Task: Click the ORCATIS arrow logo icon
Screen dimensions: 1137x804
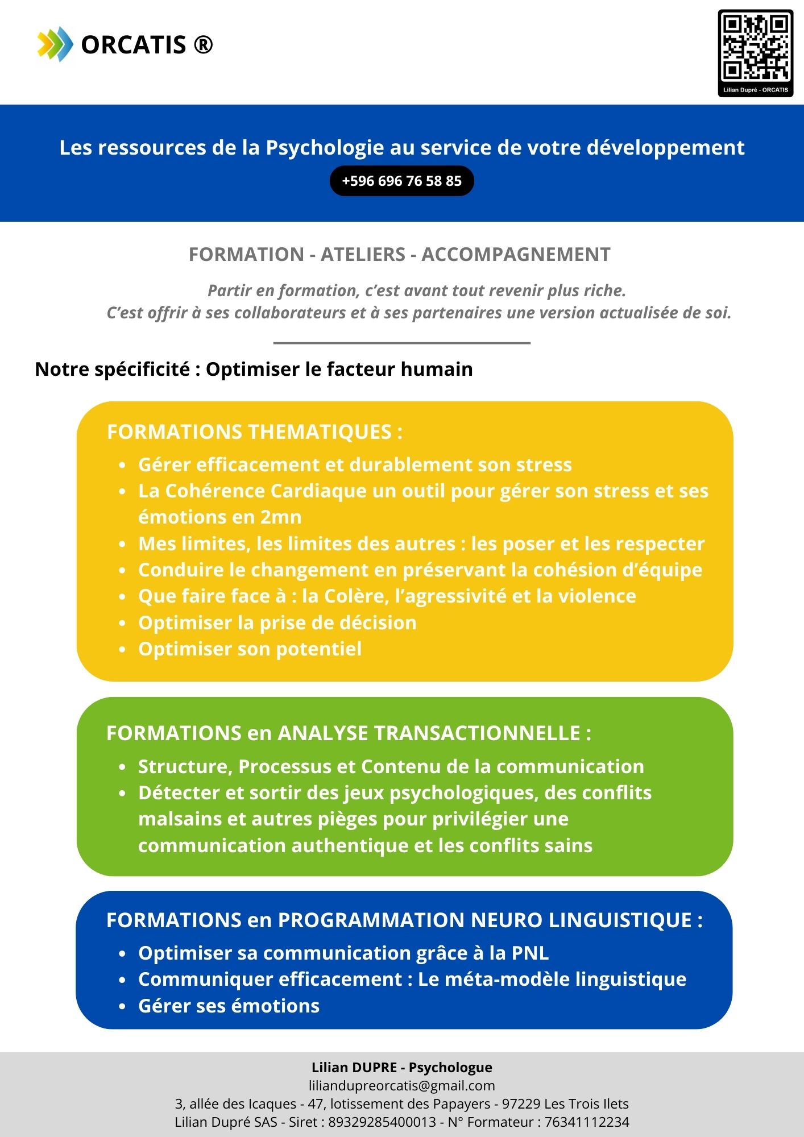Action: pyautogui.click(x=55, y=44)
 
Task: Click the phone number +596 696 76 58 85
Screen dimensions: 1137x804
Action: pyautogui.click(x=401, y=181)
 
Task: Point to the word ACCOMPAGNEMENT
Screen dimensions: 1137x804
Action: pyautogui.click(x=516, y=254)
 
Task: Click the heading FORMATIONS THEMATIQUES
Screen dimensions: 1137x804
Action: pyautogui.click(x=254, y=432)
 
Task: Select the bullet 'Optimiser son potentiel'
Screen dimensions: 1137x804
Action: pyautogui.click(x=250, y=649)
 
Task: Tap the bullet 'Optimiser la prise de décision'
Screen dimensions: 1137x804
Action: pyautogui.click(x=277, y=623)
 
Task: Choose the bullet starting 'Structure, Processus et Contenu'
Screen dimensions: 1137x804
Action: pyautogui.click(x=391, y=766)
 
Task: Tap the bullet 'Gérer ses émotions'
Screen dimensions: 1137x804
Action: pyautogui.click(x=229, y=1006)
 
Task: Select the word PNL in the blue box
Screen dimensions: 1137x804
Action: pyautogui.click(x=530, y=953)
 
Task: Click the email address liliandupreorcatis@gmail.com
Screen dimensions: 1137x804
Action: pyautogui.click(x=401, y=1085)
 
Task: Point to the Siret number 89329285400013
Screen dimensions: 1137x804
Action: pyautogui.click(x=382, y=1122)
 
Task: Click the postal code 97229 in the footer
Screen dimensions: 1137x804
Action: pyautogui.click(x=520, y=1103)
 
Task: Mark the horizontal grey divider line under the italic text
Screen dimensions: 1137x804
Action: pyautogui.click(x=401, y=343)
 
